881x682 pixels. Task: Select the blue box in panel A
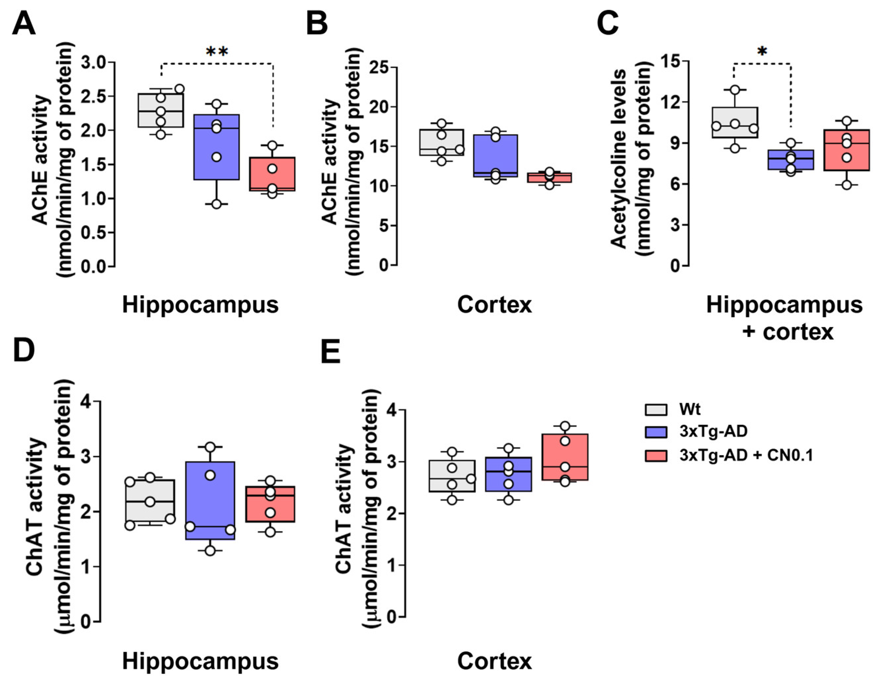pyautogui.click(x=217, y=147)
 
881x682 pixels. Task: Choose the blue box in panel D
pyautogui.click(x=210, y=500)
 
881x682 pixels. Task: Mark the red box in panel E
pyautogui.click(x=565, y=457)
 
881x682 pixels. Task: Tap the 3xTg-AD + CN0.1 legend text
pyautogui.click(x=746, y=455)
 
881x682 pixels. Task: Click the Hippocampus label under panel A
pyautogui.click(x=200, y=305)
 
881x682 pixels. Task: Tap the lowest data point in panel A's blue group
pyautogui.click(x=217, y=204)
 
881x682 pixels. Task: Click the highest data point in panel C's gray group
pyautogui.click(x=735, y=90)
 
